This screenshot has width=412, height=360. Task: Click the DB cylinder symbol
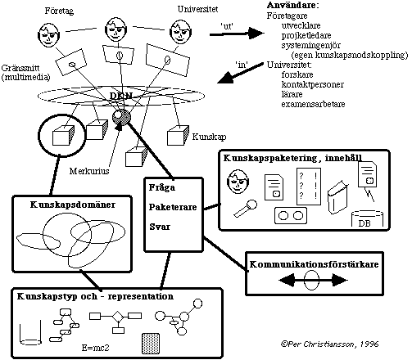click(367, 219)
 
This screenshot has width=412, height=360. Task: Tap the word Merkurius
click(89, 171)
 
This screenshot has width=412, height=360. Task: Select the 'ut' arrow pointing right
click(237, 34)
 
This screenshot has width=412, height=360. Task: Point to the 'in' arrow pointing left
click(241, 73)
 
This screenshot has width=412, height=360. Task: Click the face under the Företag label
click(49, 35)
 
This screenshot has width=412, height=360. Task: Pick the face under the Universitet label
click(180, 31)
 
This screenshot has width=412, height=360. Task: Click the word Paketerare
click(173, 207)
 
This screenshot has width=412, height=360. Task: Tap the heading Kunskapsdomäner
click(73, 205)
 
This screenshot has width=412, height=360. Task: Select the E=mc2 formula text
click(96, 348)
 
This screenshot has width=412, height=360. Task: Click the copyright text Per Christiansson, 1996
click(329, 344)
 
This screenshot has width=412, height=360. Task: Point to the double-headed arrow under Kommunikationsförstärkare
click(313, 280)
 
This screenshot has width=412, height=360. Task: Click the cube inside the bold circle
click(63, 136)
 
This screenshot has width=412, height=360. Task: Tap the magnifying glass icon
click(246, 209)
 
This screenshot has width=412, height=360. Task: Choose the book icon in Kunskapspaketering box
click(337, 197)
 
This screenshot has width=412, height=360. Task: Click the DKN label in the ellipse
click(121, 96)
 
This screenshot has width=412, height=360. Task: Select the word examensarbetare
click(313, 104)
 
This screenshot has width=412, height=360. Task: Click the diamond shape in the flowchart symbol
click(118, 317)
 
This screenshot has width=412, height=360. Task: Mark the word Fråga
click(162, 188)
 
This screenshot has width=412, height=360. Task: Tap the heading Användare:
click(293, 5)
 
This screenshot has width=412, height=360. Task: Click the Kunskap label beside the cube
click(209, 137)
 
